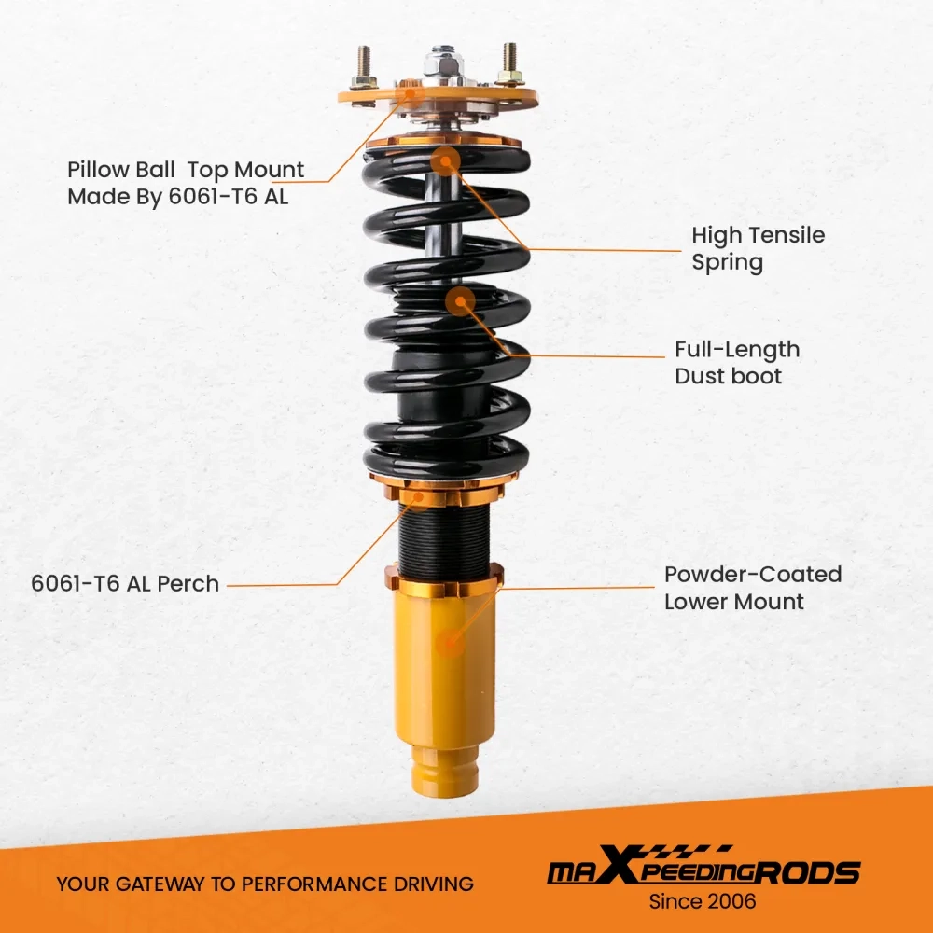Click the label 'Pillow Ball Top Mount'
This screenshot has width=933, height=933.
click(186, 170)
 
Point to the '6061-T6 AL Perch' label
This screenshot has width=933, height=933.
click(125, 584)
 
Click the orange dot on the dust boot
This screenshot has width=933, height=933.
click(460, 301)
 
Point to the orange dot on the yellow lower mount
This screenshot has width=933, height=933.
click(453, 642)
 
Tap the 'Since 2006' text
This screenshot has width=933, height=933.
click(703, 901)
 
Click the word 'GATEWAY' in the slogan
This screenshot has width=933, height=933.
click(160, 884)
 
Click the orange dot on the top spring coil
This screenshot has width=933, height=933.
click(447, 160)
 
